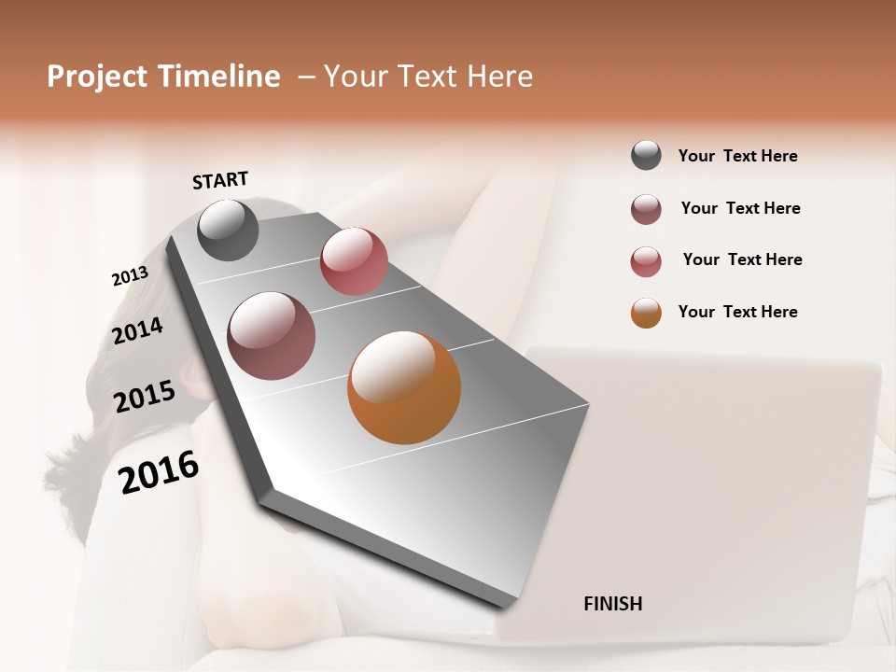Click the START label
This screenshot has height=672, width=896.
coord(220,180)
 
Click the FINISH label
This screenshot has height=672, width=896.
coord(613,604)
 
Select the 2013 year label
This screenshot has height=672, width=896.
coord(131,276)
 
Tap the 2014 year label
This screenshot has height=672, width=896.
coord(138,330)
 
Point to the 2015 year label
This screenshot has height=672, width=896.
coord(145,396)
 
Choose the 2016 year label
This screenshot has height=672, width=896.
coord(160,471)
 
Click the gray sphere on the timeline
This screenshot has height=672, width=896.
coord(229,230)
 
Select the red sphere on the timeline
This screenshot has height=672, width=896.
coord(354,261)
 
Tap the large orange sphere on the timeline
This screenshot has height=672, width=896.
coord(404,387)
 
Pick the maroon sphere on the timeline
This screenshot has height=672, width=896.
coord(272,336)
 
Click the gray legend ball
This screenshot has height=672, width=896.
coord(646,155)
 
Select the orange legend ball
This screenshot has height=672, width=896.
coord(646,313)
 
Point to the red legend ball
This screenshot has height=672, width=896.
coord(646,261)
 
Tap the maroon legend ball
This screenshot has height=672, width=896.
coord(646,209)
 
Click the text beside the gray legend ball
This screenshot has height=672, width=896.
coord(737,156)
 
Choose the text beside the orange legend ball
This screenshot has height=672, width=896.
coord(737,312)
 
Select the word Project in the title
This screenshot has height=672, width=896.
coord(97,77)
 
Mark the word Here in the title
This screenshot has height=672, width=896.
coord(499,77)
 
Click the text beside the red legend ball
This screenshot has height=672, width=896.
coord(742,259)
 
